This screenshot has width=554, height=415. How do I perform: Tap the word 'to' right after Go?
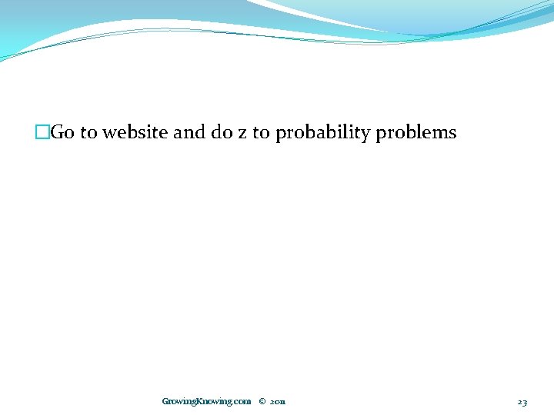pyautogui.click(x=88, y=133)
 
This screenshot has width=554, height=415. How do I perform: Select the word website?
pyautogui.click(x=135, y=133)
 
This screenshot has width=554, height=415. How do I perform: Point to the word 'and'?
pyautogui.click(x=189, y=133)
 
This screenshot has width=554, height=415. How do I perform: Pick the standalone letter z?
pyautogui.click(x=242, y=134)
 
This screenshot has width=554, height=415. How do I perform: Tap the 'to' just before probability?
pyautogui.click(x=262, y=133)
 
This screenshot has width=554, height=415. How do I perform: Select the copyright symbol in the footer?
pyautogui.click(x=262, y=401)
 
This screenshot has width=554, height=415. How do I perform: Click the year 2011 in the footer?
pyautogui.click(x=278, y=401)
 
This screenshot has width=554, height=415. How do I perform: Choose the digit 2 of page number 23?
pyautogui.click(x=519, y=401)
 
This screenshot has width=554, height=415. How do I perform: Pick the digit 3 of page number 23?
pyautogui.click(x=525, y=401)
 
